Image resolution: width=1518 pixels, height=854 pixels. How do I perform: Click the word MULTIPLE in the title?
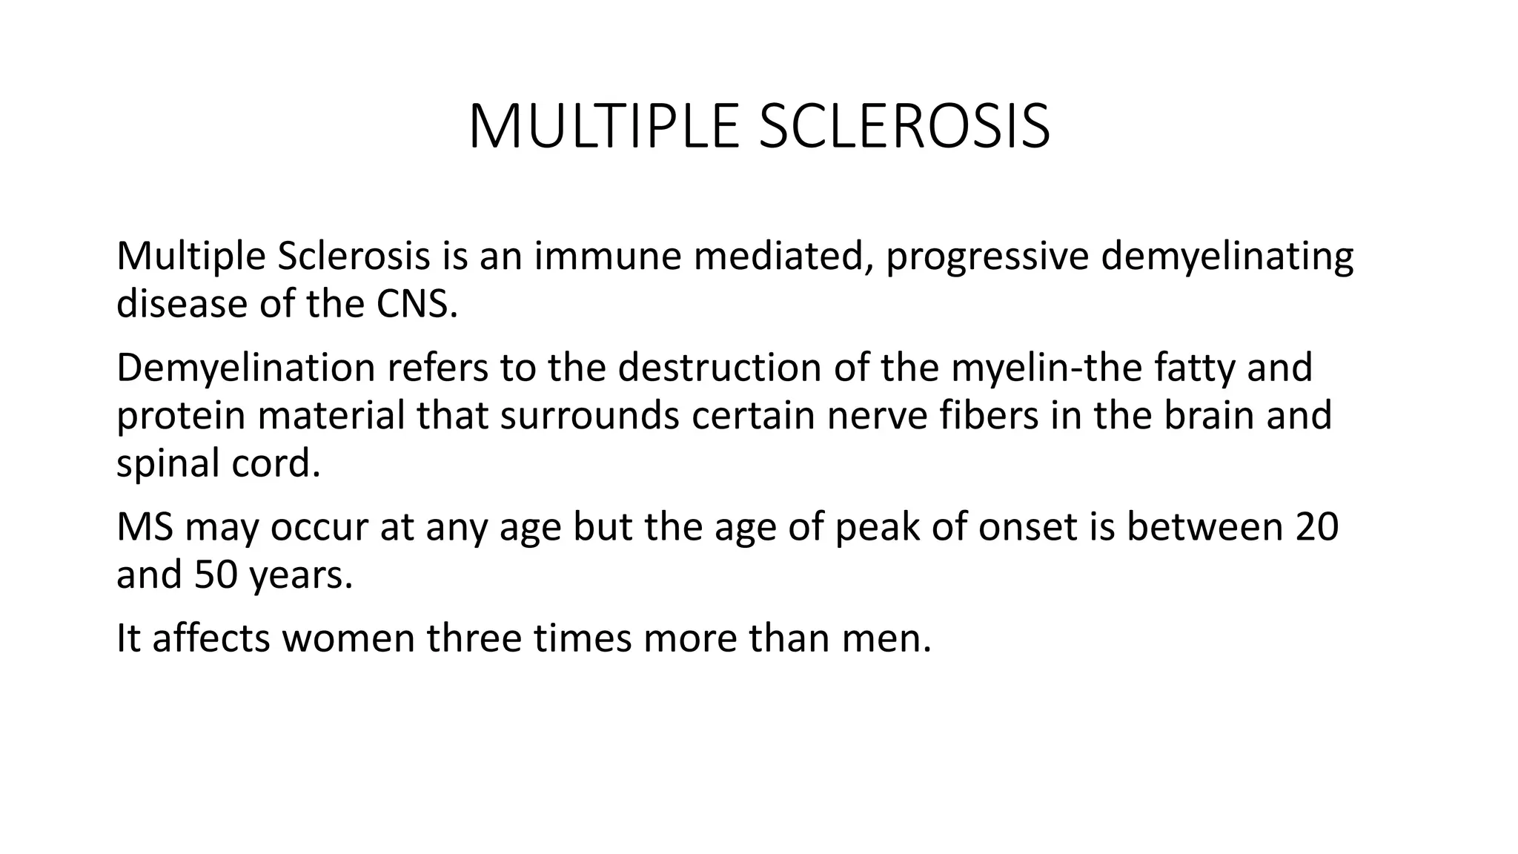(603, 127)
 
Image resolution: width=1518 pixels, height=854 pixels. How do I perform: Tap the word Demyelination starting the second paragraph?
(245, 368)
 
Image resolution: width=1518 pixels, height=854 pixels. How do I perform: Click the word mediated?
(781, 256)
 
